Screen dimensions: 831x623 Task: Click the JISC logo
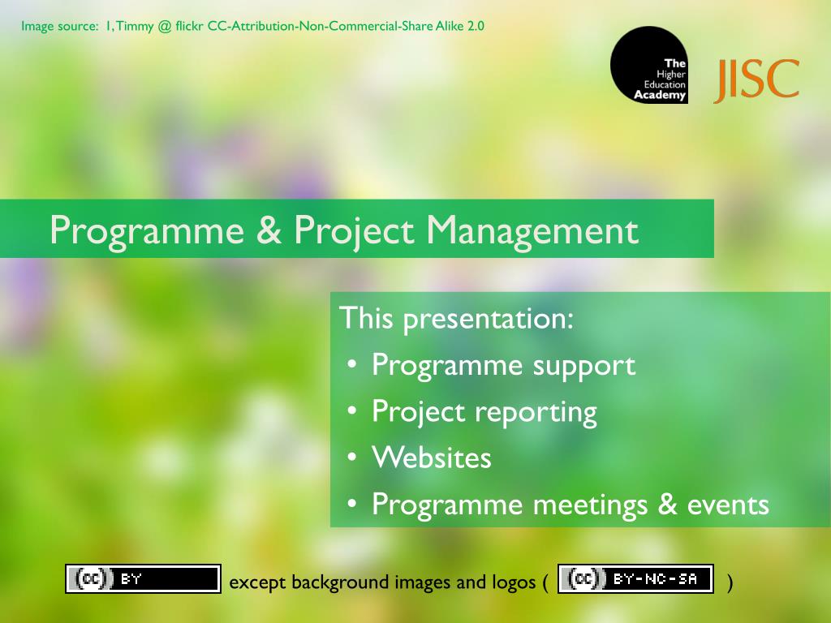coord(756,80)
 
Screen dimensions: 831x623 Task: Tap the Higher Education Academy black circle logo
coord(649,65)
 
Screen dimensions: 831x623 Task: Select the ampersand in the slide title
coord(269,230)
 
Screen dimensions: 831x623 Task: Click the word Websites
coord(432,458)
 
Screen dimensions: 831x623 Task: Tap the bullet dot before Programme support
coord(352,365)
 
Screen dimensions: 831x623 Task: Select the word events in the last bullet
coord(728,505)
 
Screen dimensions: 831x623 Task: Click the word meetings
coord(591,505)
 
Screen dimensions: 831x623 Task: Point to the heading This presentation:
coord(456,319)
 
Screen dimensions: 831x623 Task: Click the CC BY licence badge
coord(143,578)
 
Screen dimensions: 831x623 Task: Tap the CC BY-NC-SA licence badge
coord(635,578)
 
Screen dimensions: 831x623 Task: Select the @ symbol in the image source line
coord(165,27)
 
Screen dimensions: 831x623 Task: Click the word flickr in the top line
coord(189,26)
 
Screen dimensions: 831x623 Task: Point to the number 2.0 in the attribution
coord(476,26)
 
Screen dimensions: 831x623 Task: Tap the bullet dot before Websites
coord(352,458)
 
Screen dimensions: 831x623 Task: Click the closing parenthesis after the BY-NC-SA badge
coord(730,582)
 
